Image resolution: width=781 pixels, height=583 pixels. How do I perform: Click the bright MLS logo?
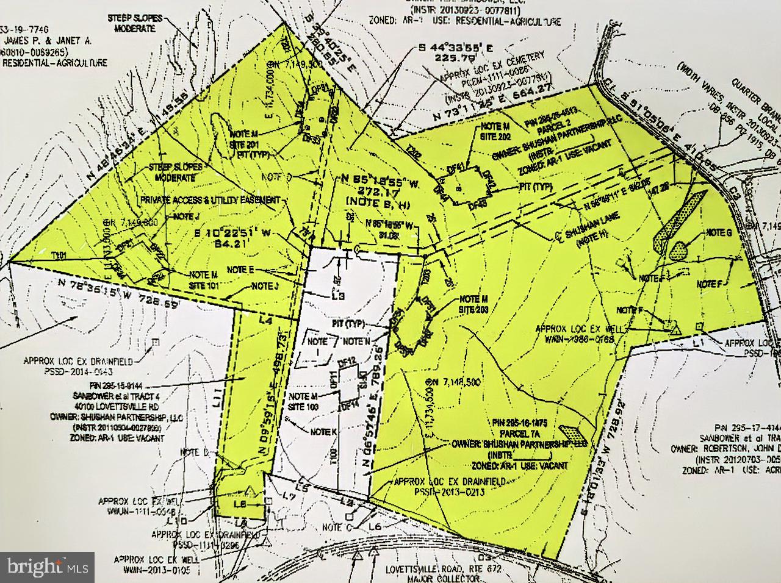coord(48,567)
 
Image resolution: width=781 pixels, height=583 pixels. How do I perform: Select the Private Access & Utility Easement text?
coord(211,200)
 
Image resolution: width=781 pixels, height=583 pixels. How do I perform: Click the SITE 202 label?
coord(495,136)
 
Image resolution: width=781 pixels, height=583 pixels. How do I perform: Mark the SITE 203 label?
coord(473,310)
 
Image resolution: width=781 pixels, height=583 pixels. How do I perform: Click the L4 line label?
coord(264,319)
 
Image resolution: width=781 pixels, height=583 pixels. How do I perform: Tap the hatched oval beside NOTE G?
coord(678,249)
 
